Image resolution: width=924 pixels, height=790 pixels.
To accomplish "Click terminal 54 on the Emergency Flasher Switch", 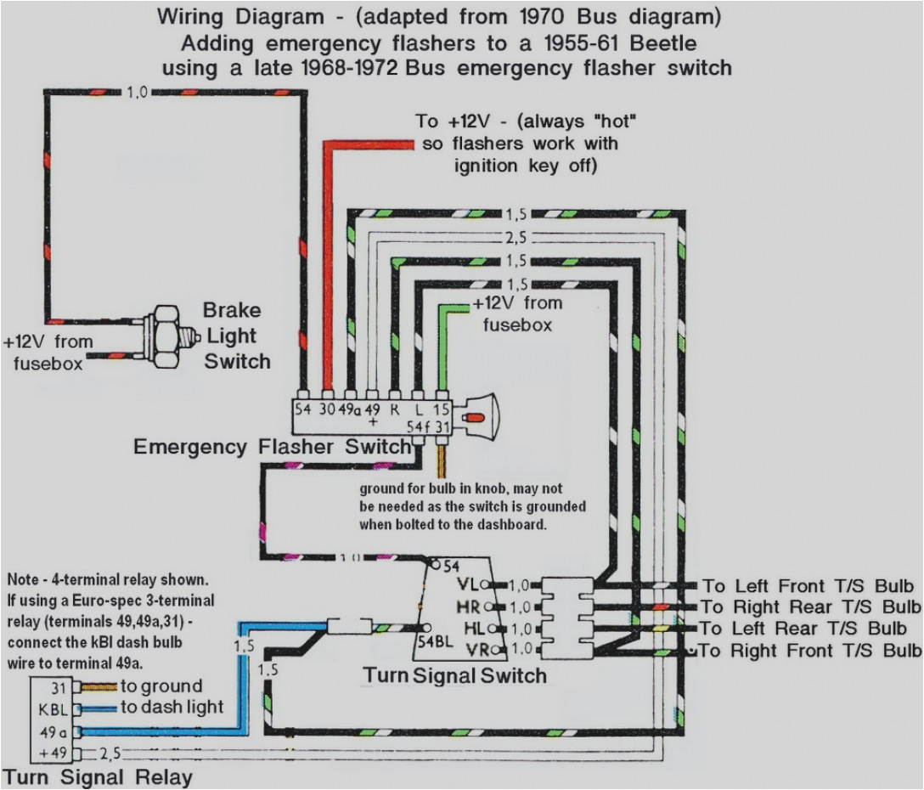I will point(303,408).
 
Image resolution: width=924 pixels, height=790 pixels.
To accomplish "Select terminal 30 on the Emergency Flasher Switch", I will point(326,408).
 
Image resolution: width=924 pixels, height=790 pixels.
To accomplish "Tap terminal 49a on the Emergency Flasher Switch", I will point(349,408).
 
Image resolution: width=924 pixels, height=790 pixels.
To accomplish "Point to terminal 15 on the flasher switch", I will point(441,408).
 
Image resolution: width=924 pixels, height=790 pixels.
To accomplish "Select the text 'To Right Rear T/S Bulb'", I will point(810,607).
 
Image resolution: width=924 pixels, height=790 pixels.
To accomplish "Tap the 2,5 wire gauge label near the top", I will point(515,238).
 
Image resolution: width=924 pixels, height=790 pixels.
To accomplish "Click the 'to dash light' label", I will point(172,707).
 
